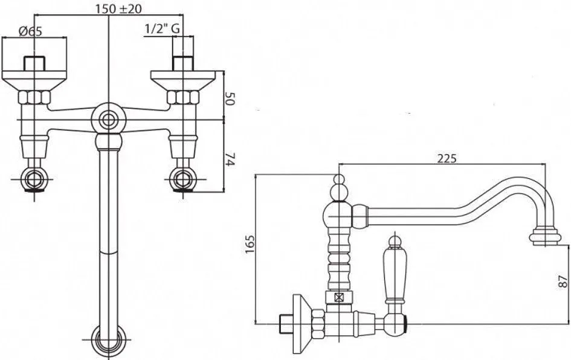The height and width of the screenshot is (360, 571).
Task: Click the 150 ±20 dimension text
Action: pos(118,8)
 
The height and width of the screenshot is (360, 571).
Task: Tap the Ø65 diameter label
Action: pos(30,31)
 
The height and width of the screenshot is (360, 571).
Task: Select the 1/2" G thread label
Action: pos(162,28)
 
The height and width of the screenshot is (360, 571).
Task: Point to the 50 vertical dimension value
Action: pos(229,98)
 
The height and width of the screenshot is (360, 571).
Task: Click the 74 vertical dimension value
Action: pos(229,159)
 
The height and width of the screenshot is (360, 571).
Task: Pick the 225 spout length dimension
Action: pos(447,158)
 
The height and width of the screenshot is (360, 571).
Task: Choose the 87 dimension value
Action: pos(563,281)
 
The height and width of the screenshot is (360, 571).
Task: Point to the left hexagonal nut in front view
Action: pos(34,97)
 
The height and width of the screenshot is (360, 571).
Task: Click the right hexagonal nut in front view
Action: pos(183,97)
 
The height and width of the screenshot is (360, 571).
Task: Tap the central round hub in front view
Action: pos(108,120)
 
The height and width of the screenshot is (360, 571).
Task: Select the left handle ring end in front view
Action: pos(34,179)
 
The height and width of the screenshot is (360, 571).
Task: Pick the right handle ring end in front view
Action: pos(183,179)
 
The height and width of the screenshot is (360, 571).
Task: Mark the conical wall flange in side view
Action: pos(302,324)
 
